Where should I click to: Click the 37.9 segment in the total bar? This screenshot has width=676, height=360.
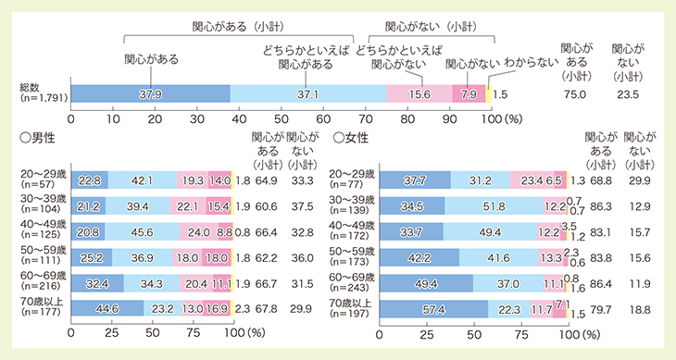(x=150, y=93)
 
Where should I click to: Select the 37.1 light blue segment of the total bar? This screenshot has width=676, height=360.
(x=308, y=93)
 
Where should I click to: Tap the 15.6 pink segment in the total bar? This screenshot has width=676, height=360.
(x=419, y=93)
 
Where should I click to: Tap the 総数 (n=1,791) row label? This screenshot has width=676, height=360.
(x=37, y=93)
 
